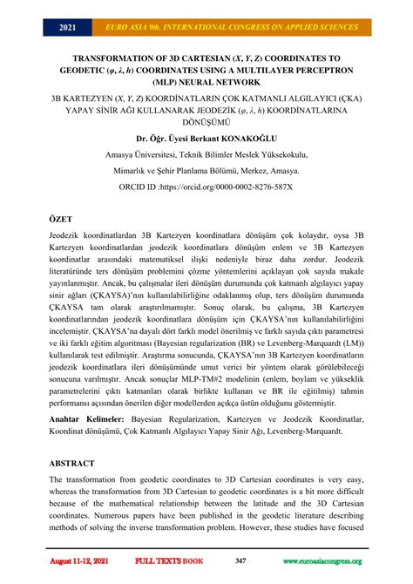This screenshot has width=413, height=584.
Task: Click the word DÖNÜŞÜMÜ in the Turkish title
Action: pos(206,122)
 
